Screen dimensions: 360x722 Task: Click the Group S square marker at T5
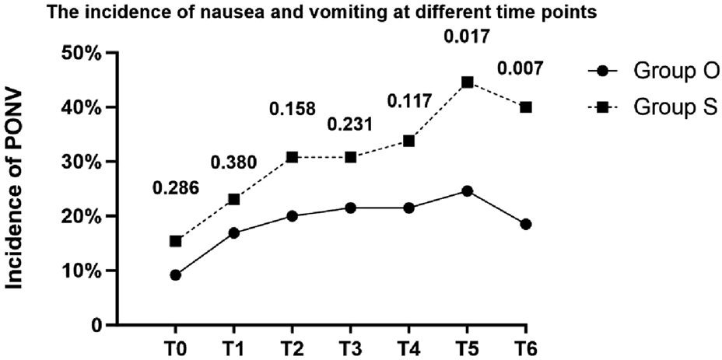(x=467, y=82)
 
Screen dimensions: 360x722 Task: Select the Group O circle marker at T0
(x=175, y=274)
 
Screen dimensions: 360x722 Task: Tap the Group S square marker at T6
(x=525, y=107)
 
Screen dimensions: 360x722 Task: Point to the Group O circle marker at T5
(x=467, y=190)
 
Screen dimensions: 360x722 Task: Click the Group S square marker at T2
(x=292, y=157)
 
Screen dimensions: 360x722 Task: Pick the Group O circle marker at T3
(x=350, y=208)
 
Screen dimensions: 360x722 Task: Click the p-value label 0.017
(x=467, y=36)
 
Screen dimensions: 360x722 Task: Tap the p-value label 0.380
(x=236, y=163)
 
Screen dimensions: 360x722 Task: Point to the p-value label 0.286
(x=177, y=189)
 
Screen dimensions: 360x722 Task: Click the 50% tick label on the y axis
(x=81, y=53)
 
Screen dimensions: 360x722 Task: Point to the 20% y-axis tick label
(x=81, y=216)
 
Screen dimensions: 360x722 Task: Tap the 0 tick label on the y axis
(x=96, y=325)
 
